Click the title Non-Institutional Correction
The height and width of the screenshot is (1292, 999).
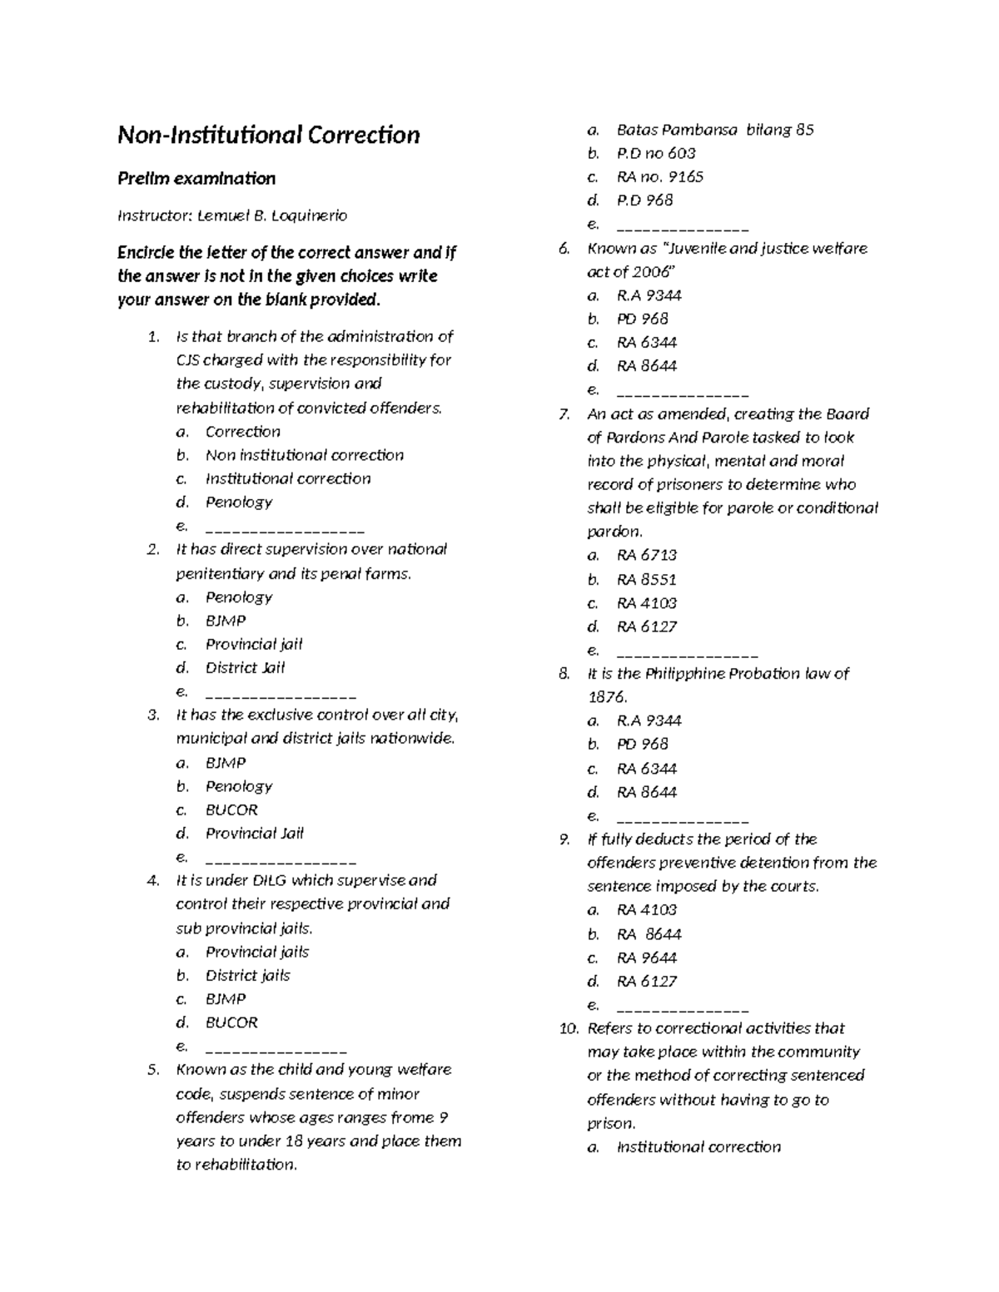tap(268, 135)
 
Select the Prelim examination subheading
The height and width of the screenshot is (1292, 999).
tap(196, 178)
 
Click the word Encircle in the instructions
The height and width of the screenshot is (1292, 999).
tap(147, 252)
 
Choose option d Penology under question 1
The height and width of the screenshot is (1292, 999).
tap(239, 502)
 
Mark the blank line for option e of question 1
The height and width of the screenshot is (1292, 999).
tap(284, 528)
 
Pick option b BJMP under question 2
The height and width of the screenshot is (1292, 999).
tap(226, 621)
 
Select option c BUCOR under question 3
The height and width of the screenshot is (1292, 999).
tap(231, 809)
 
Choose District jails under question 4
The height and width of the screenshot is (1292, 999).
tap(247, 975)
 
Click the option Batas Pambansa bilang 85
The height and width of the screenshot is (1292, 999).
tap(714, 130)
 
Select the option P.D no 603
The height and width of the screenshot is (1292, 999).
tap(655, 153)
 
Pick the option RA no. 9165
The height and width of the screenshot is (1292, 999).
tap(659, 176)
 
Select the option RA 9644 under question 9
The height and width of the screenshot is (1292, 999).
tap(646, 958)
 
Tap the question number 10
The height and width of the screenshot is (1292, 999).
tap(568, 1028)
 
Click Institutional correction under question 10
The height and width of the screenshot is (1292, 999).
tap(698, 1147)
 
